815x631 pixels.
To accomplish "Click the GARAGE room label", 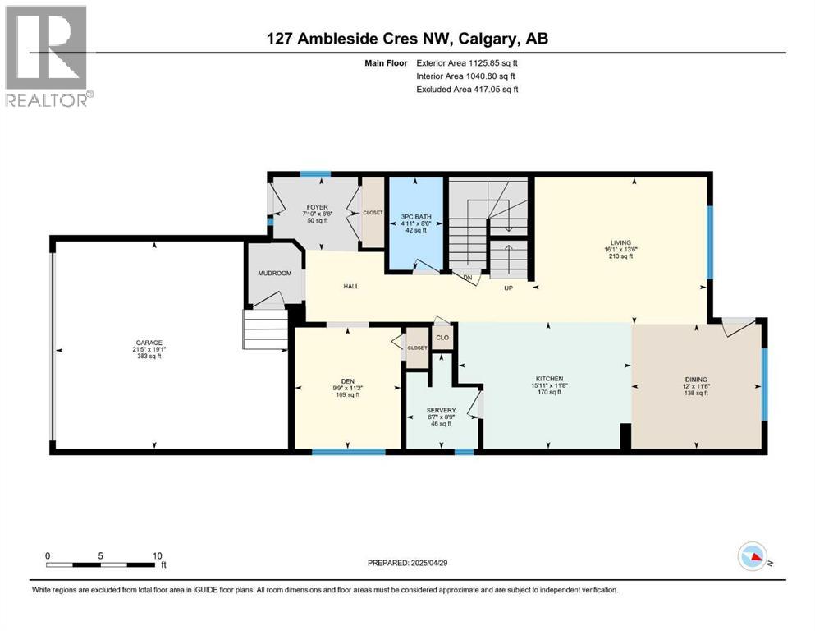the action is pyautogui.click(x=149, y=343).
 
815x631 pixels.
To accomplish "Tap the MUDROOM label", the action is pyautogui.click(x=275, y=273).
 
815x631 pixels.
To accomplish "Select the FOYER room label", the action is pyautogui.click(x=317, y=207).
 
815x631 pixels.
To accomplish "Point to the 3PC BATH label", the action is pyautogui.click(x=416, y=217).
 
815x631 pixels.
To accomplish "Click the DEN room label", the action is pyautogui.click(x=348, y=381).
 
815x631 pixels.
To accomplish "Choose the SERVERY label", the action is pyautogui.click(x=442, y=411).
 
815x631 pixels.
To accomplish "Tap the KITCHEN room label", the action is pyautogui.click(x=549, y=379).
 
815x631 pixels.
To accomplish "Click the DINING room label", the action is pyautogui.click(x=696, y=380).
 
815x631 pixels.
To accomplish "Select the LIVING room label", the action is pyautogui.click(x=620, y=242).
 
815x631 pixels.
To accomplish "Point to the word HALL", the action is pyautogui.click(x=350, y=286).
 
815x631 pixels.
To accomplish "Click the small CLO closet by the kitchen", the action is pyautogui.click(x=442, y=338).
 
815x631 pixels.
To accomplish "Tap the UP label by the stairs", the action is pyautogui.click(x=508, y=288).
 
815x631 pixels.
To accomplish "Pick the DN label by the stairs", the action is pyautogui.click(x=468, y=278).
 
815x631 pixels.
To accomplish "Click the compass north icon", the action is pyautogui.click(x=753, y=556).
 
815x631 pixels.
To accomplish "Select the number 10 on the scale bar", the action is pyautogui.click(x=157, y=555).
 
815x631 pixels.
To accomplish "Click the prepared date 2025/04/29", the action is pyautogui.click(x=428, y=563).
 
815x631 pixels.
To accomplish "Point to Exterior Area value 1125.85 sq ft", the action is pyautogui.click(x=492, y=63).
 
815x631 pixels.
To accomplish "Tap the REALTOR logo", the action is pyautogui.click(x=48, y=56).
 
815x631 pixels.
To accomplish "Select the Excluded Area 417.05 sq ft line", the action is pyautogui.click(x=467, y=89).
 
